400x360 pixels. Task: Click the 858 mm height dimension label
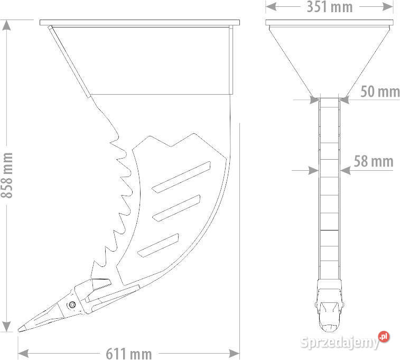click(7, 176)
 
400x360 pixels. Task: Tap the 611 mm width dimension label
click(129, 354)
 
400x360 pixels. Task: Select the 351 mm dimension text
click(330, 7)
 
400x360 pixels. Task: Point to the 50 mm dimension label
click(380, 91)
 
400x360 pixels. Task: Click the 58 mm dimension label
click(374, 162)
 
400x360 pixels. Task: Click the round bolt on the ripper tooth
click(71, 304)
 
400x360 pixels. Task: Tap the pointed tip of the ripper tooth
click(19, 330)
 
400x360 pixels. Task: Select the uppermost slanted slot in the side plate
click(181, 177)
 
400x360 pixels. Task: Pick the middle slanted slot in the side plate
click(176, 208)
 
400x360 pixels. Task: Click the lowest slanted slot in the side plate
click(158, 245)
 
